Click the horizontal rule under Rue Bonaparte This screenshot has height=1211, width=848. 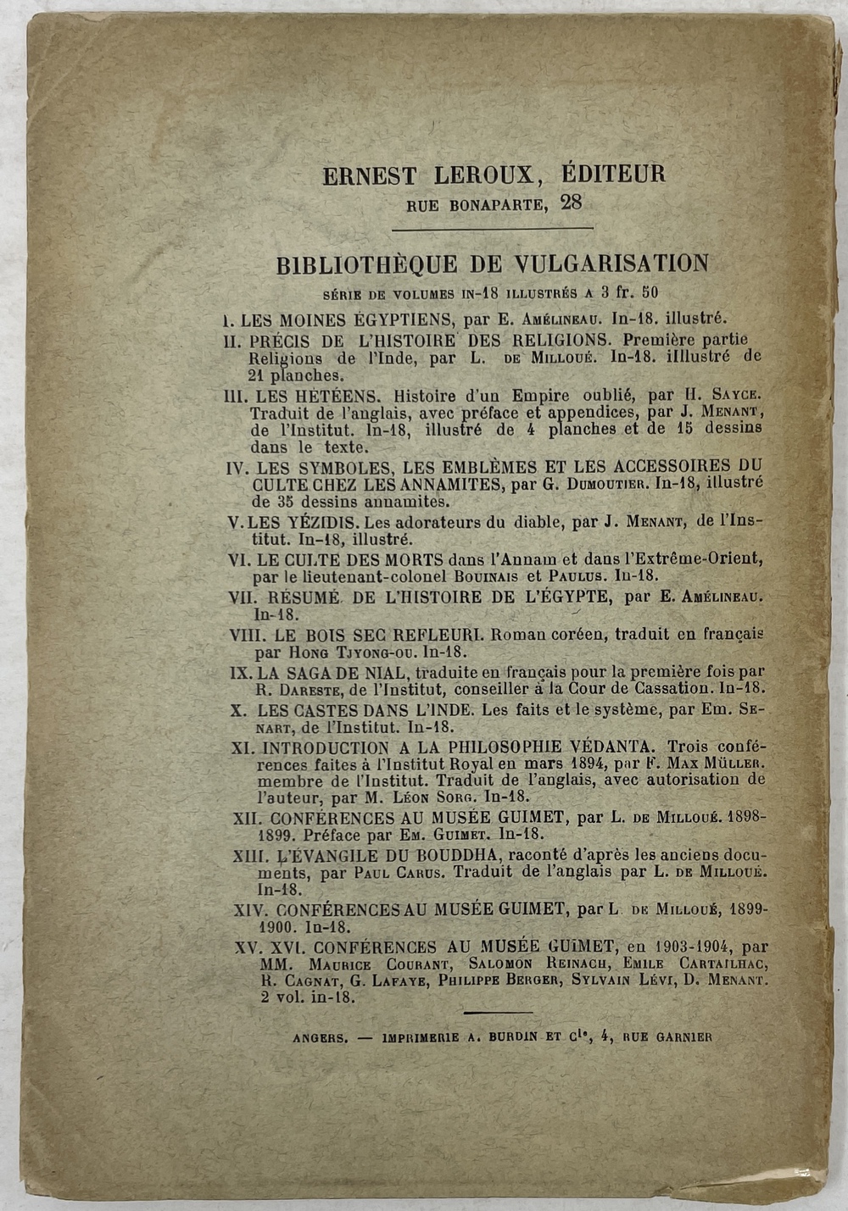click(492, 228)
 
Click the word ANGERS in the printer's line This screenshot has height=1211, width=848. click(320, 1036)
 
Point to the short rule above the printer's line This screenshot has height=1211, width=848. click(499, 1012)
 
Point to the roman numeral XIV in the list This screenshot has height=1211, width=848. click(252, 909)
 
